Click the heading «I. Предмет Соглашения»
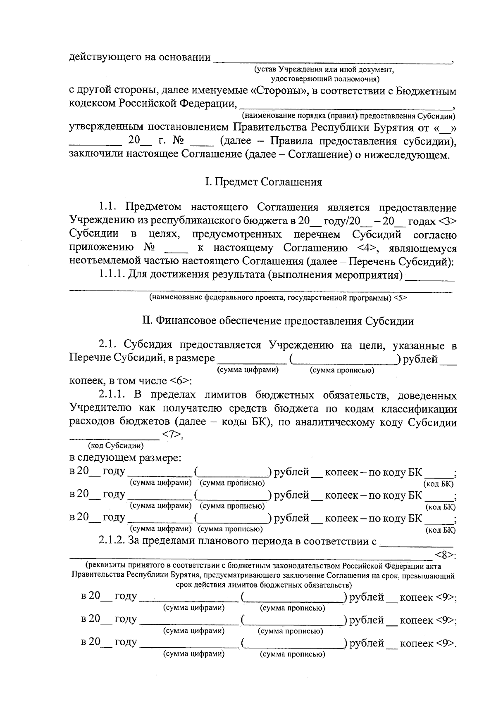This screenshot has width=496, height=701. coord(263,182)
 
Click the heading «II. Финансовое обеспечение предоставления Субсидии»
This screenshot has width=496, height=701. coord(278,321)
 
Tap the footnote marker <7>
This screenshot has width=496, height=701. coord(171,435)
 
